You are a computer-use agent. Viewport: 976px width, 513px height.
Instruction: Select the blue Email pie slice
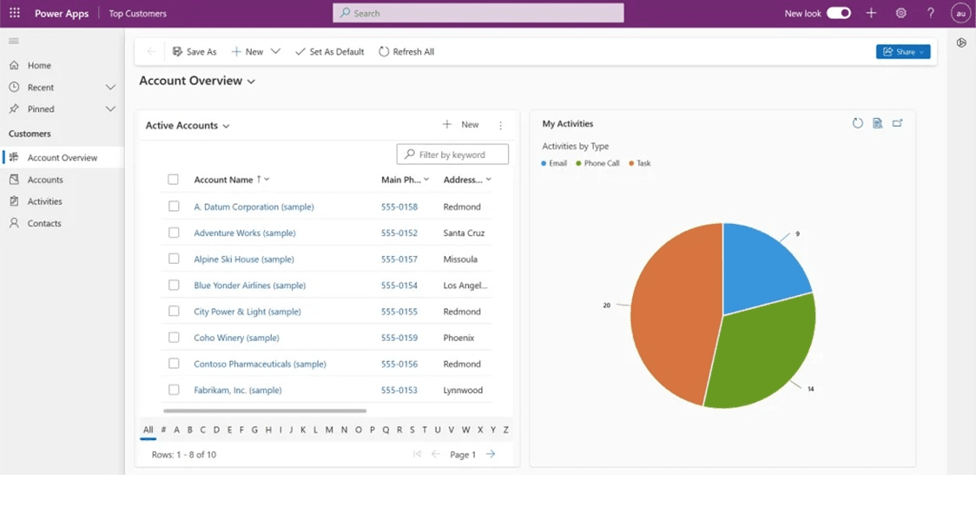tap(760, 269)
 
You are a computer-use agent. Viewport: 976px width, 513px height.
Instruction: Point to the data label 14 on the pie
tap(810, 389)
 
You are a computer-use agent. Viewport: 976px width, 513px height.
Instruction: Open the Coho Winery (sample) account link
tap(236, 338)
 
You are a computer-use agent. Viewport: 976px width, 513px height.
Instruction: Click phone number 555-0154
tap(399, 286)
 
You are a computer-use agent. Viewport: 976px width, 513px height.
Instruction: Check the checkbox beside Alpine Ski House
tap(174, 260)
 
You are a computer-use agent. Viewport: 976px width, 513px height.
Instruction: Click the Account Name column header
tap(223, 180)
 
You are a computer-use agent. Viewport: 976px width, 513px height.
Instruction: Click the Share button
tap(903, 52)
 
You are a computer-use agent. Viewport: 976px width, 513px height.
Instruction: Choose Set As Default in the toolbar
tap(330, 52)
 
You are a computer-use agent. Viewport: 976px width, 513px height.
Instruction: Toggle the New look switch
tap(839, 13)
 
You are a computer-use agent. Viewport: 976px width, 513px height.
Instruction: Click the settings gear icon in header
tap(901, 13)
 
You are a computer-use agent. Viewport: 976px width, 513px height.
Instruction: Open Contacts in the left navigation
tap(44, 223)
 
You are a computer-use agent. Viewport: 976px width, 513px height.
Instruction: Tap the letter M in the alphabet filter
tap(329, 430)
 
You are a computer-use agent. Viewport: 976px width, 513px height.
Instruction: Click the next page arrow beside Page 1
tap(491, 454)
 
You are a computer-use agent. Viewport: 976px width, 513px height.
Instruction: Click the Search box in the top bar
tap(478, 13)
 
